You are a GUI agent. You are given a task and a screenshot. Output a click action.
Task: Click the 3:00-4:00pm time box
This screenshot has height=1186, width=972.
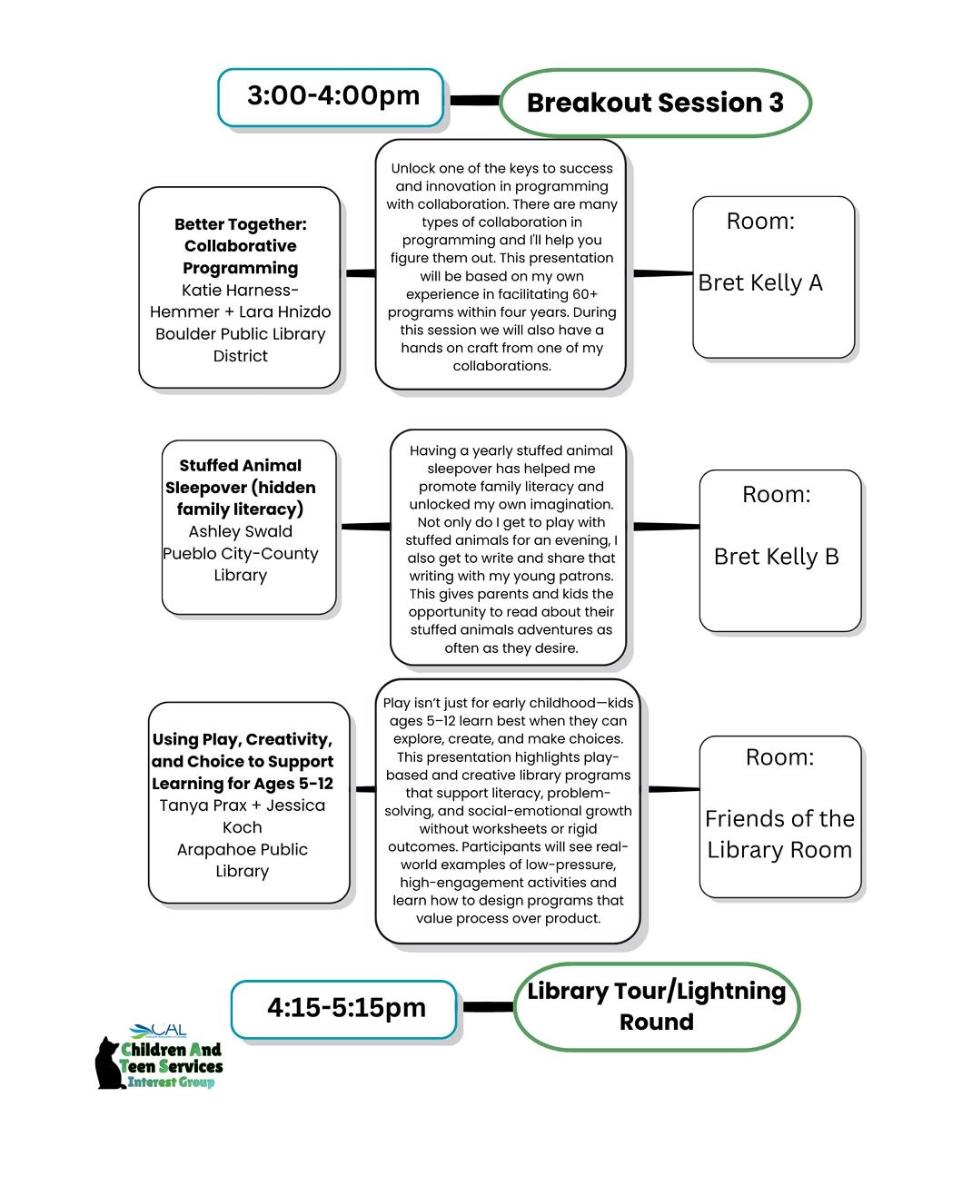[332, 96]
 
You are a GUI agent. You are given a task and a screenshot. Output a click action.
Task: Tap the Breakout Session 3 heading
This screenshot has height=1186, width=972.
[655, 103]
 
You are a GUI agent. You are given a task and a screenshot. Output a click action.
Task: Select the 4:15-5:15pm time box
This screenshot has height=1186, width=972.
[346, 1008]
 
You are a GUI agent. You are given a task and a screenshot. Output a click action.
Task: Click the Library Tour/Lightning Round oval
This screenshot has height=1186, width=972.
[656, 1006]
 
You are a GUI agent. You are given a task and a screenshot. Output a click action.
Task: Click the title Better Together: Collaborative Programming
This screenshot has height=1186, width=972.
[241, 246]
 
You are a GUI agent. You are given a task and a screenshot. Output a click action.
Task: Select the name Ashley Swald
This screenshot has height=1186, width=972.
[241, 531]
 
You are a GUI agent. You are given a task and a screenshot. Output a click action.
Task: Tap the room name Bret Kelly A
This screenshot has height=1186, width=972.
[760, 283]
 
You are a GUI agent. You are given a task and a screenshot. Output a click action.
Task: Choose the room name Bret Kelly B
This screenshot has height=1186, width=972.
[776, 557]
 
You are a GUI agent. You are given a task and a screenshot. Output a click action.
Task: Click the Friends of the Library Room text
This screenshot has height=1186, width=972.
[779, 835]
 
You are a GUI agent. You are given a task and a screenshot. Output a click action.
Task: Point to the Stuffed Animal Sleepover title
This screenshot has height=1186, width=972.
[241, 488]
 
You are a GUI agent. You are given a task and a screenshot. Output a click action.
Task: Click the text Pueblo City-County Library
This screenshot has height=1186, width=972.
[241, 564]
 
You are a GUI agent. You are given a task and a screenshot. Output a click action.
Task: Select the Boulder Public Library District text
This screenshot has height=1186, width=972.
[241, 345]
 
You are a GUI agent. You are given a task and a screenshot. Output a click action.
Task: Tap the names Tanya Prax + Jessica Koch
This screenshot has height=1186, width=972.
[243, 816]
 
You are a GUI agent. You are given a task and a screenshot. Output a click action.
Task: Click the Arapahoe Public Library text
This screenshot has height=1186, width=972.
[243, 860]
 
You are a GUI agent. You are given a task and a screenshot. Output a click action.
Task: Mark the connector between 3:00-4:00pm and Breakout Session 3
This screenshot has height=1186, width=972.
[473, 100]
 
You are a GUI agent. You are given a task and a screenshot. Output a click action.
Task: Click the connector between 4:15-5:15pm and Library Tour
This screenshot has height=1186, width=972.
[488, 1006]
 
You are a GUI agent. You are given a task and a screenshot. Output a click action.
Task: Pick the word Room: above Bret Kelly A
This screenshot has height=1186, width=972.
[760, 222]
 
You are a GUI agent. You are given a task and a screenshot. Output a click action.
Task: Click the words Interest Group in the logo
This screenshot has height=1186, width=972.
[171, 1082]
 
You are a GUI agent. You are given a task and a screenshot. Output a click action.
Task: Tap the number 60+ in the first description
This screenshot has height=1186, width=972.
[581, 294]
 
